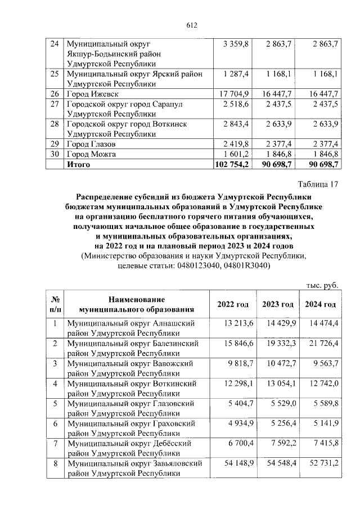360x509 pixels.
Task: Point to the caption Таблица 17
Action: (318, 184)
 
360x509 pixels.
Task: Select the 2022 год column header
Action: (233, 304)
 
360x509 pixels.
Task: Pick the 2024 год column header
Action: (321, 304)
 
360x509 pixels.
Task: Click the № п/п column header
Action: (55, 304)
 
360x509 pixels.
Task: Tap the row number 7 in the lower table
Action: (55, 443)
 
